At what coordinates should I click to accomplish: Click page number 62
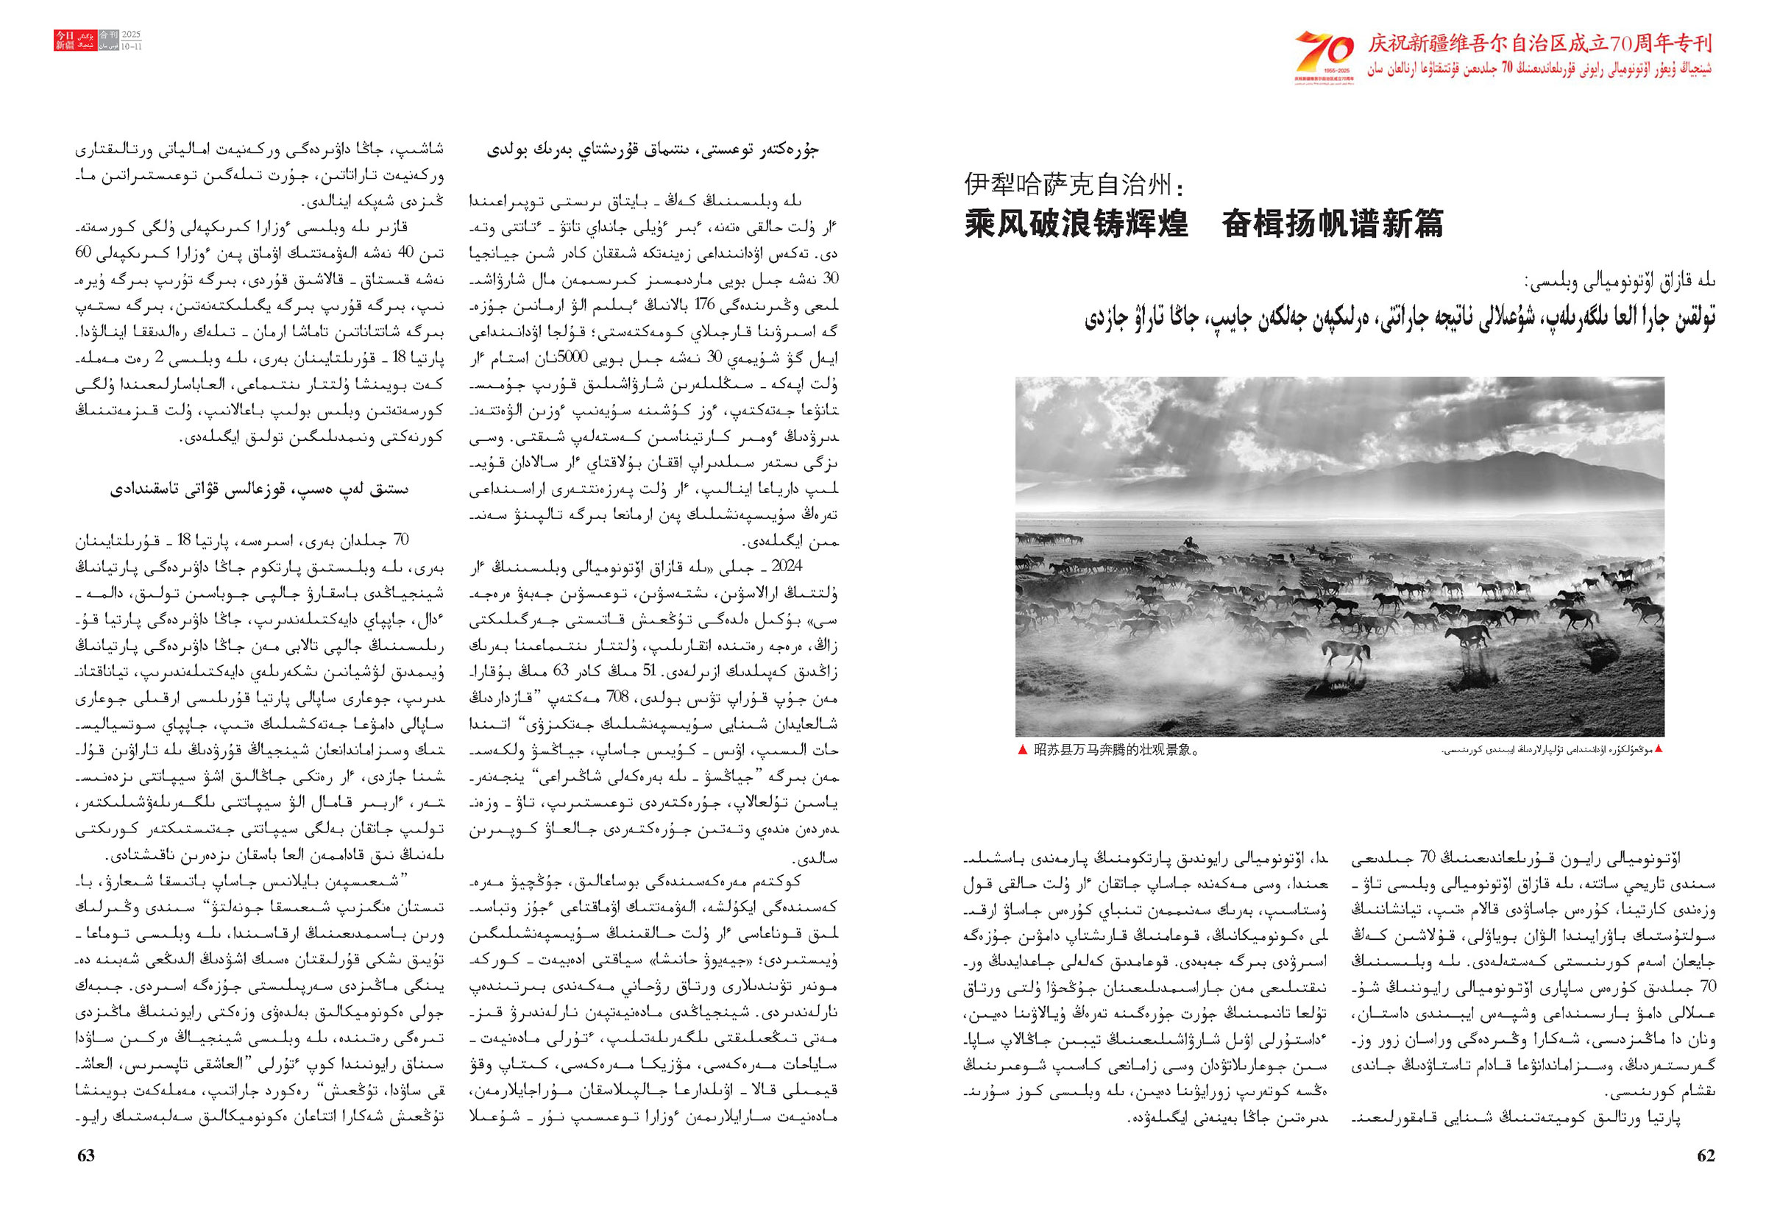click(1705, 1155)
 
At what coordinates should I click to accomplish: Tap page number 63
click(86, 1155)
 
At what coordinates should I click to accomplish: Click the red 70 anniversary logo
click(1324, 50)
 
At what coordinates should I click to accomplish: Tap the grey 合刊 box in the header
click(109, 41)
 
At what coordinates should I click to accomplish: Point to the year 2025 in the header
click(132, 36)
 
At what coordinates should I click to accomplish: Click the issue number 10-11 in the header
click(132, 46)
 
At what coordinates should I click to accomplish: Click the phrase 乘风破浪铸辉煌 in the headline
click(1077, 224)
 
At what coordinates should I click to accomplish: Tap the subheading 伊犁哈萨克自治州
click(1070, 185)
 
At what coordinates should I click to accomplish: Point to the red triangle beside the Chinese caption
click(1023, 750)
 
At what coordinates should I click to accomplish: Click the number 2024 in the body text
click(787, 566)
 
